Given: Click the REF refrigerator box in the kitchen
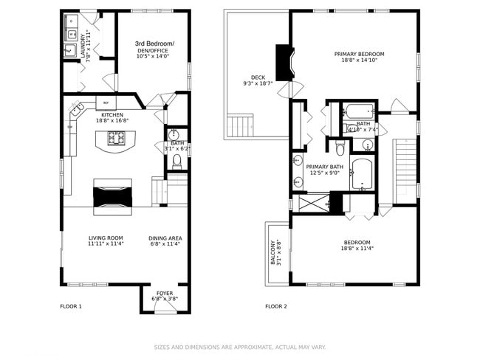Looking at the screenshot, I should coord(106,103).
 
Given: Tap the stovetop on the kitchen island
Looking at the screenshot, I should coord(116,137).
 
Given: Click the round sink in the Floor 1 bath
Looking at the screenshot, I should coord(175,135).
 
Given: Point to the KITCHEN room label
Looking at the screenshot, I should coord(112,114).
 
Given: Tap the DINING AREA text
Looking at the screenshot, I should coord(165,238).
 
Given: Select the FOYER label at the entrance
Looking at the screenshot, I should coord(165,293).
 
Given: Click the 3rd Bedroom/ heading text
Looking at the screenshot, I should coord(154,44).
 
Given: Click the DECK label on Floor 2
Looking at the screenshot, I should coord(258,77).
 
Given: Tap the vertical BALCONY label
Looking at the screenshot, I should coord(272,252).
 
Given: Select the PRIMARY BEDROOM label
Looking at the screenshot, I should coord(359,54).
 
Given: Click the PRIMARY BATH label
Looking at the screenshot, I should coord(324,167).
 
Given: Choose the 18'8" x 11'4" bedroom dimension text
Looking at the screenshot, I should coord(357,249).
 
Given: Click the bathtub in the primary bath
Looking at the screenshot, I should coord(363,173).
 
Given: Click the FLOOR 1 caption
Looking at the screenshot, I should coord(71,305).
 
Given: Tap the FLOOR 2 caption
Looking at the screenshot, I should coord(276,305).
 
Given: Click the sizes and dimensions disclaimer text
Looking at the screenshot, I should coord(239,347).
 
